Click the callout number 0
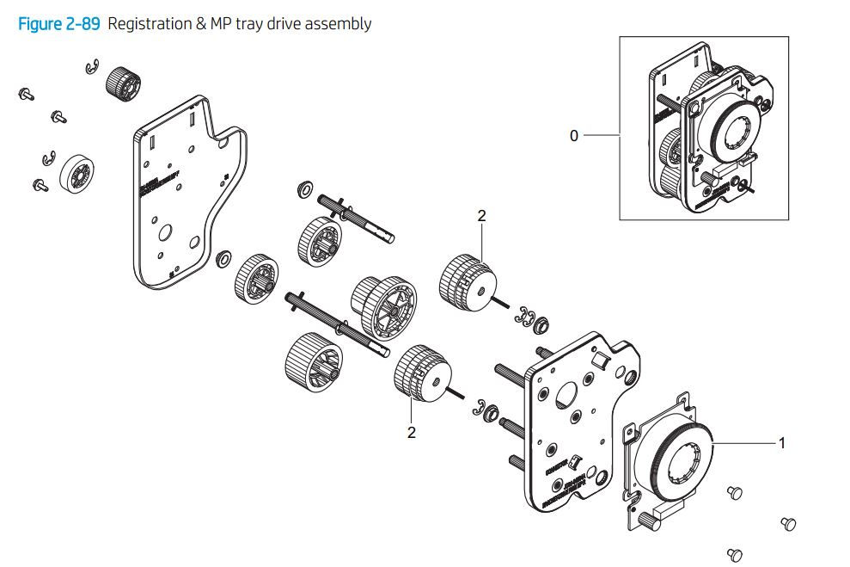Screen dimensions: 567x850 pos(574,136)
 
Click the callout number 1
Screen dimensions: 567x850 pos(782,443)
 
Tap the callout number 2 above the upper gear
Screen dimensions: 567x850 pos(481,216)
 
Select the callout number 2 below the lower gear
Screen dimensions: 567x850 pos(412,432)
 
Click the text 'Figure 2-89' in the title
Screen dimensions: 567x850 pos(59,24)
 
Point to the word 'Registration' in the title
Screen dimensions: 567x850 pos(150,24)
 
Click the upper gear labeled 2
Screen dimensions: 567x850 pos(468,281)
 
